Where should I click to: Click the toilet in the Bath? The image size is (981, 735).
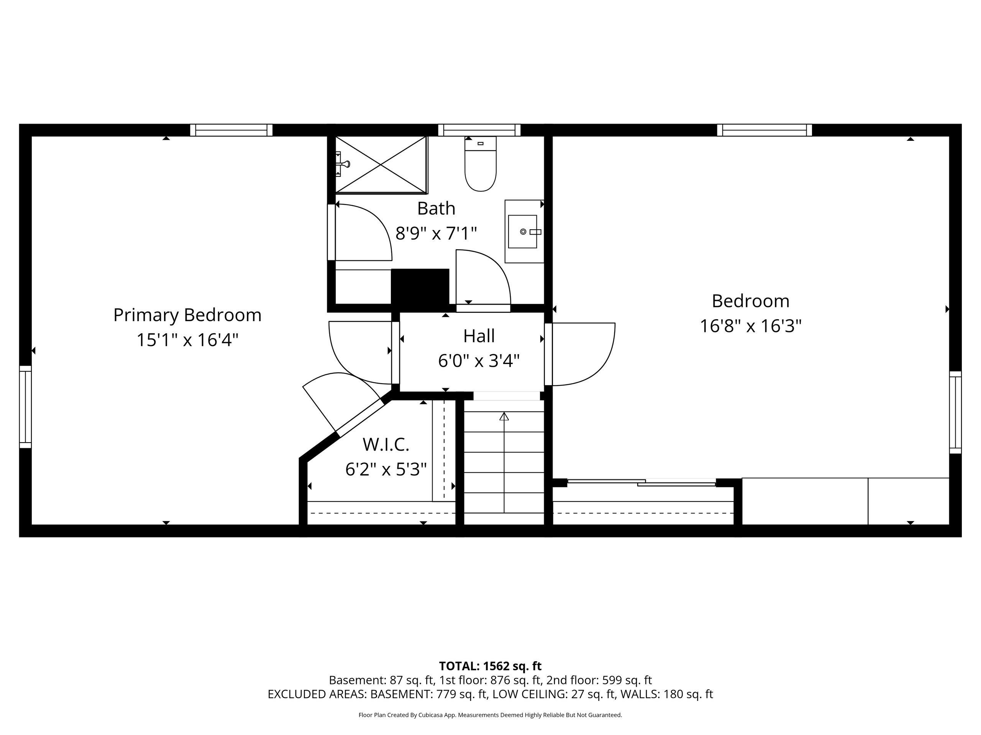tap(480, 164)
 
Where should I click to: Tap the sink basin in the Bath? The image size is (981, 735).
tap(522, 231)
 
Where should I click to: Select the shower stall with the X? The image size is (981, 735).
tap(381, 165)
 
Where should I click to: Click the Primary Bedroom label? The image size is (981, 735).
tap(187, 315)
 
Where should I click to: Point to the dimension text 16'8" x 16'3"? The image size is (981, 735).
tap(751, 327)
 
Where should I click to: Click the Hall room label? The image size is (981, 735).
tap(479, 336)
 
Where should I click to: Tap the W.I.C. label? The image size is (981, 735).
tap(386, 444)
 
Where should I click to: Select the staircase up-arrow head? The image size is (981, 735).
tap(504, 416)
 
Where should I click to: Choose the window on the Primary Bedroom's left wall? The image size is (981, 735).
tap(25, 407)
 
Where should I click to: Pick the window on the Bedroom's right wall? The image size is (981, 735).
tap(955, 412)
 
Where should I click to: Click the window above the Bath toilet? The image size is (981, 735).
tap(479, 130)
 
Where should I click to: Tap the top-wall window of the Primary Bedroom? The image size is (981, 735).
tap(231, 130)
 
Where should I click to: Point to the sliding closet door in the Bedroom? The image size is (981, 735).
tap(641, 482)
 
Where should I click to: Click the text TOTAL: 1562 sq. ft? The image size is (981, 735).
tap(490, 666)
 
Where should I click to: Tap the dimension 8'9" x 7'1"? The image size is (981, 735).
tap(436, 233)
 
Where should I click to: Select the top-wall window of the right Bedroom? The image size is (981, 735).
tap(764, 130)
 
